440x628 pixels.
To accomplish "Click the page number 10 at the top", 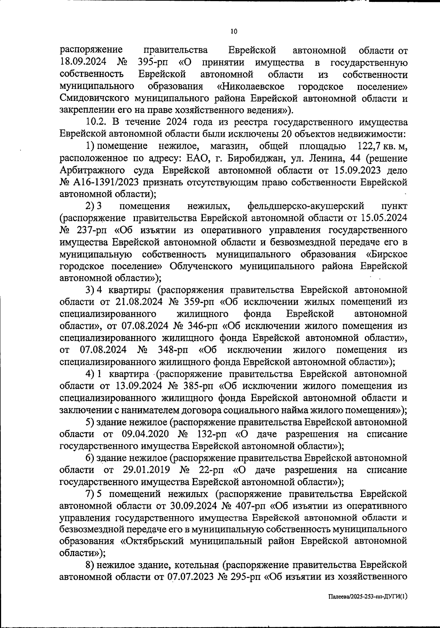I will tap(234, 32).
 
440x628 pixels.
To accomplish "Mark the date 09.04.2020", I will tap(144, 434).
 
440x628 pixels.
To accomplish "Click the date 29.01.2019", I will tap(144, 470).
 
